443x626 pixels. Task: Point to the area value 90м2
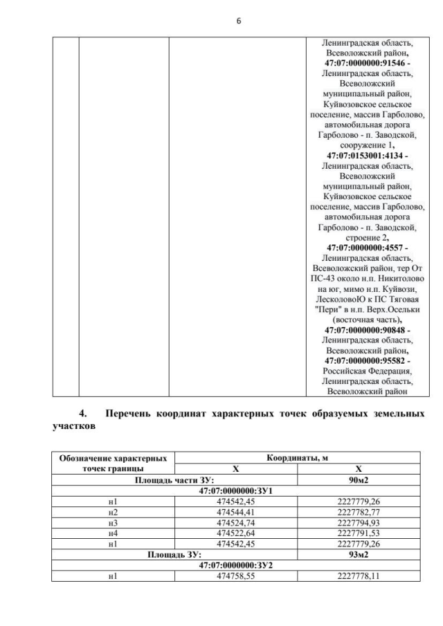pos(359,479)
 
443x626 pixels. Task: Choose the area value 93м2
pos(359,555)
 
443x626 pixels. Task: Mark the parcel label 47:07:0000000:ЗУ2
pos(235,564)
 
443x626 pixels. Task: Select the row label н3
pos(113,524)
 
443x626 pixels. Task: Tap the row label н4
pos(113,534)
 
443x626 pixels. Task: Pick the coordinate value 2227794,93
pos(359,524)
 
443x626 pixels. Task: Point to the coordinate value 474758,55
pos(235,576)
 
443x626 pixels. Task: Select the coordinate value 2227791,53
pos(359,534)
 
